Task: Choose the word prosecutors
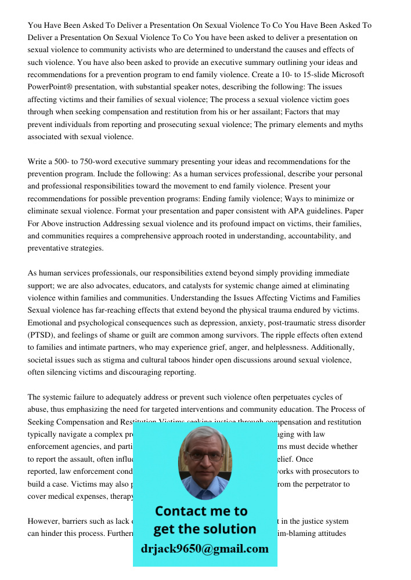click(x=337, y=472)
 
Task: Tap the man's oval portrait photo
click(x=204, y=462)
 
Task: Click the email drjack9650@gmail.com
click(x=205, y=549)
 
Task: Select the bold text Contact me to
click(x=201, y=511)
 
